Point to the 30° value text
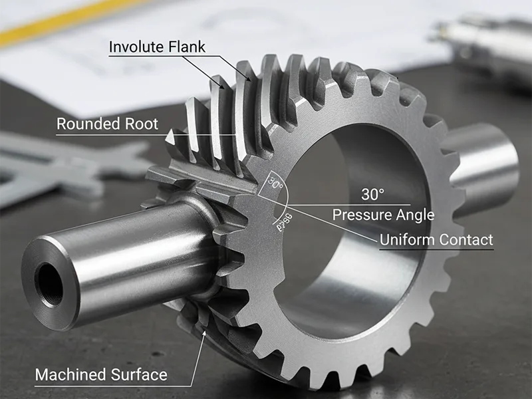click(x=372, y=195)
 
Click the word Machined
click(x=68, y=374)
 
